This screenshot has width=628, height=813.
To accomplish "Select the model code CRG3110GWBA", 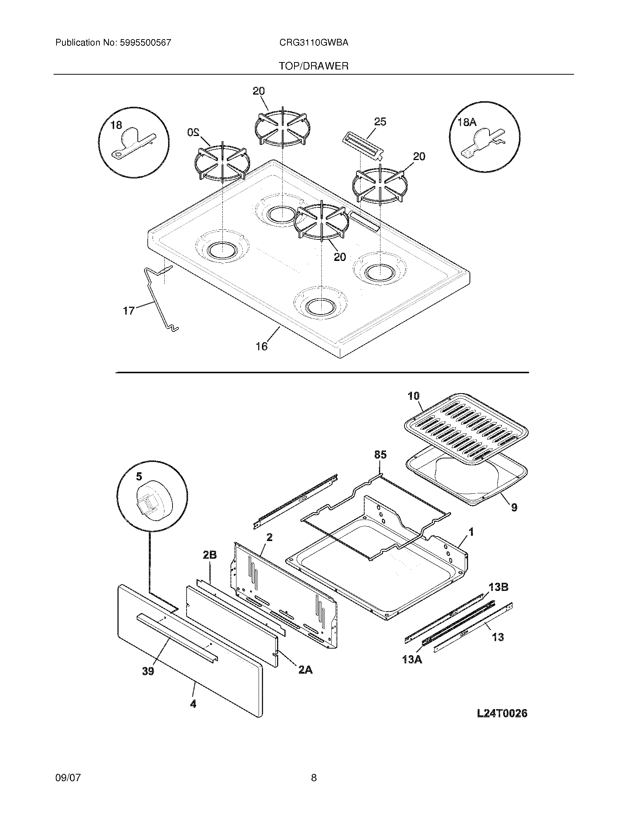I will coord(314,43).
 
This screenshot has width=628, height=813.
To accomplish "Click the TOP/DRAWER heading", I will coord(314,66).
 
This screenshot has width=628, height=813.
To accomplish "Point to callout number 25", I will coord(380,122).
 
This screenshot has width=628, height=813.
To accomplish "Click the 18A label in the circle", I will coord(467,122).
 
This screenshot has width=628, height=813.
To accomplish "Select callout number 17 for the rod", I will coord(129,311).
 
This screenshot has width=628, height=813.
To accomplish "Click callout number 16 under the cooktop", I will coord(262,347).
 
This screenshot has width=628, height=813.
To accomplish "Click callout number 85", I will coord(380,455).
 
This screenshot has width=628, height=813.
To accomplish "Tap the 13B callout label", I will coord(499,587).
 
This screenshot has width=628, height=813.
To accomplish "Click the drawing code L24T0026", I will coord(502,713).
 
